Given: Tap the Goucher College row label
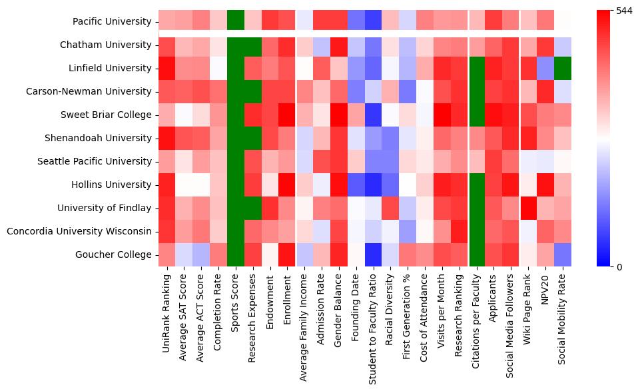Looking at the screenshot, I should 121,255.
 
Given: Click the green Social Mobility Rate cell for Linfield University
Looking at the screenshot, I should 563,69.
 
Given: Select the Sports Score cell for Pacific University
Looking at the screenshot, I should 236,22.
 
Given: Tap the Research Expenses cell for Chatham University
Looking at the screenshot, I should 254,45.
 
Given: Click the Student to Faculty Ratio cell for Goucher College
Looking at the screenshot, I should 374,255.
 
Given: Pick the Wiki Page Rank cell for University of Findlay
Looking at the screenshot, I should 528,208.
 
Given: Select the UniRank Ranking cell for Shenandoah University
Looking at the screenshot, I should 167,139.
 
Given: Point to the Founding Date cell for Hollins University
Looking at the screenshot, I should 356,185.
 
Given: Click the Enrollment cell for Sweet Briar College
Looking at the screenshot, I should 288,115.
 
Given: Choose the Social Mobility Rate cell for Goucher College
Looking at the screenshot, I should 563,255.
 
